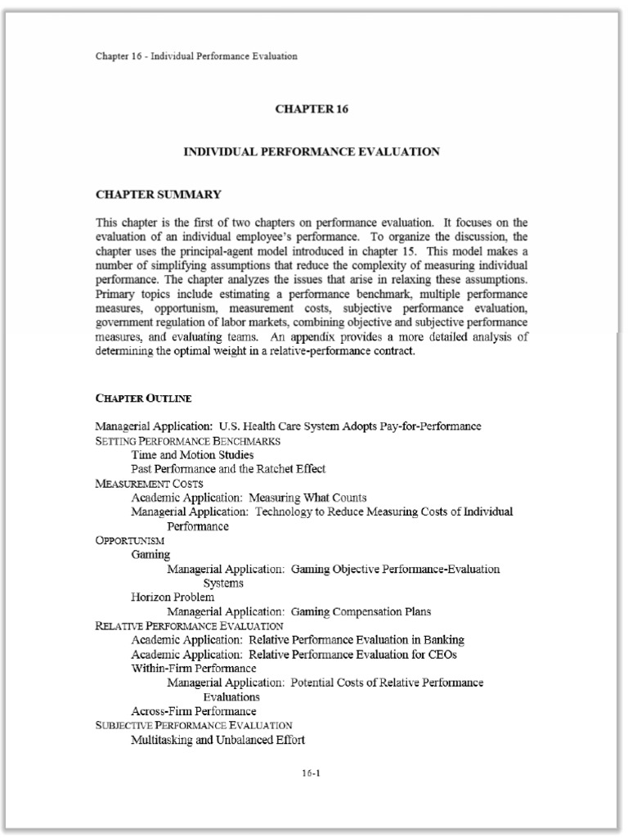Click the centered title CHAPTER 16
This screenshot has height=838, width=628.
(312, 109)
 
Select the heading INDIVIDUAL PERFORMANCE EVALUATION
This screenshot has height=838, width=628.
(312, 151)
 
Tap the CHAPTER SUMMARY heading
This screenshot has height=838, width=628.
(159, 195)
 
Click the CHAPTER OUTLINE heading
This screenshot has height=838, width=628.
(144, 399)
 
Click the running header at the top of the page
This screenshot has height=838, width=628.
(196, 56)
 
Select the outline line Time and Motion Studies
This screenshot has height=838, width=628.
(192, 455)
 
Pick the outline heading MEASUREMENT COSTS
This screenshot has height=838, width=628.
(150, 484)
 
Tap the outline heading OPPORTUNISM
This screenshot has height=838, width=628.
(130, 541)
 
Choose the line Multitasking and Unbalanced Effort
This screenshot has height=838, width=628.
(218, 740)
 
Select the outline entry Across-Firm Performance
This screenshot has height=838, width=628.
(194, 711)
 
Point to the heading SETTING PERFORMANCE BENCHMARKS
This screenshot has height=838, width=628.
(188, 441)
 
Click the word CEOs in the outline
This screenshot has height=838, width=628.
(442, 654)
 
